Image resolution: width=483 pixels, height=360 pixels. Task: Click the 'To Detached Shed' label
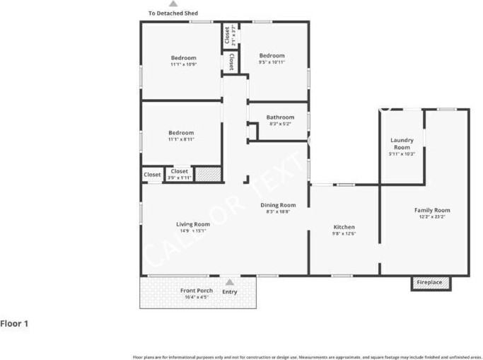tap(173, 13)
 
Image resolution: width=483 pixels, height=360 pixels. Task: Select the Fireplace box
tap(429, 283)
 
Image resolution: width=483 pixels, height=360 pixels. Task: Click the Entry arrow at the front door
tap(229, 281)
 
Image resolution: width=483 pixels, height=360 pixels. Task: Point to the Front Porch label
tap(196, 291)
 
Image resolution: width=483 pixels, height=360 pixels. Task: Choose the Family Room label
tap(431, 210)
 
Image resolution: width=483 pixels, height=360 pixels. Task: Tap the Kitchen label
tap(344, 227)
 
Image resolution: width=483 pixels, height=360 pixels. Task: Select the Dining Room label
tap(278, 204)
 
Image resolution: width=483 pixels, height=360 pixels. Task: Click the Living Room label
tap(192, 224)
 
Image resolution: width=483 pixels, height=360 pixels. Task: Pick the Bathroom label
tap(280, 117)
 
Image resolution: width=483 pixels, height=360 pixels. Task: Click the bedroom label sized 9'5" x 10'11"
tap(272, 56)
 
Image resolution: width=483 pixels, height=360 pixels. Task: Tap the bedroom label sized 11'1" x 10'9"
tap(183, 58)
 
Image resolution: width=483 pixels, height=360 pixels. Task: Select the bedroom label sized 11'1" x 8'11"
tap(181, 133)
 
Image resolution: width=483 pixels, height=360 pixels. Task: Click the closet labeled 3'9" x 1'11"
tap(180, 174)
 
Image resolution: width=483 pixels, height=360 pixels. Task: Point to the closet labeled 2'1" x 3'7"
tap(227, 35)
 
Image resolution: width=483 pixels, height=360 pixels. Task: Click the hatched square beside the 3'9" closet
tap(207, 174)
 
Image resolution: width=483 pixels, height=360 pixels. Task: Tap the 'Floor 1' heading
tap(14, 324)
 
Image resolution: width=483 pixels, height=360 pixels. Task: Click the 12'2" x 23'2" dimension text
tap(431, 217)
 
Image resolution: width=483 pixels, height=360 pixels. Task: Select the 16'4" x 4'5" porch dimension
tap(196, 298)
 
